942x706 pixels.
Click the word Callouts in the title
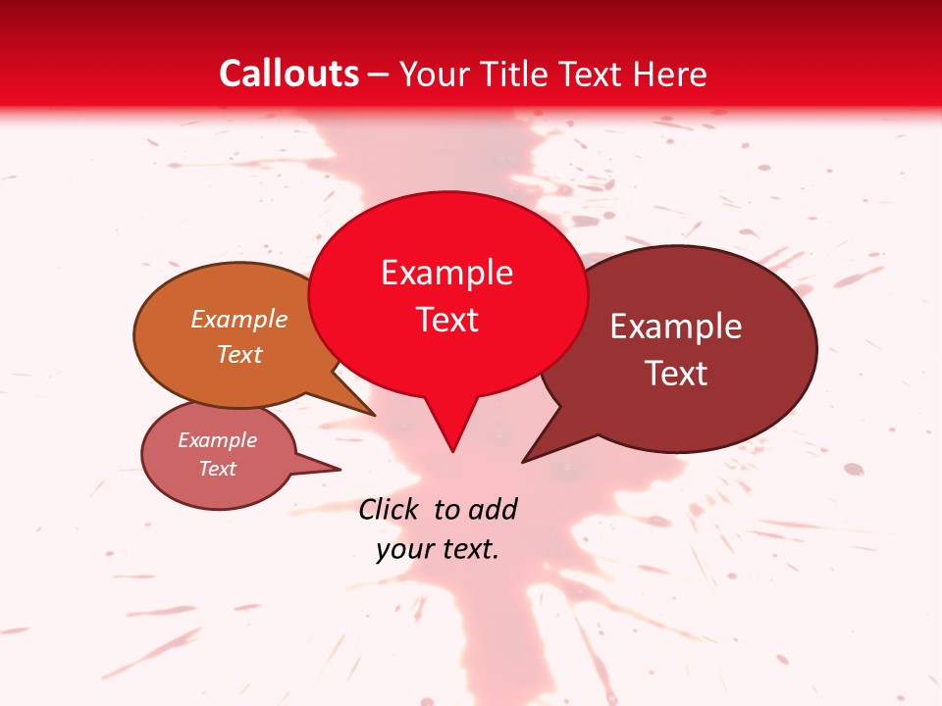(288, 74)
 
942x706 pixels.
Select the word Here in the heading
(670, 74)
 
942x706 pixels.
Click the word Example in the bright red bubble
(446, 273)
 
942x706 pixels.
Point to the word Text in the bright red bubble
(447, 320)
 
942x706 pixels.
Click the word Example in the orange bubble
(239, 319)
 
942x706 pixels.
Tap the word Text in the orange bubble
(239, 354)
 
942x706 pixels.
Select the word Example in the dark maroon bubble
(676, 327)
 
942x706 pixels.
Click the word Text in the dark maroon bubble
(676, 374)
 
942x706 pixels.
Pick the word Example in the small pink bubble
(217, 440)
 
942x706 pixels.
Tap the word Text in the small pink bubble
(217, 469)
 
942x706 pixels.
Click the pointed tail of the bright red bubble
(452, 449)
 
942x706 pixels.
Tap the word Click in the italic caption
(390, 509)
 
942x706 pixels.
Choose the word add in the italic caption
(493, 509)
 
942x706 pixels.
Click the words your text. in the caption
(438, 549)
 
